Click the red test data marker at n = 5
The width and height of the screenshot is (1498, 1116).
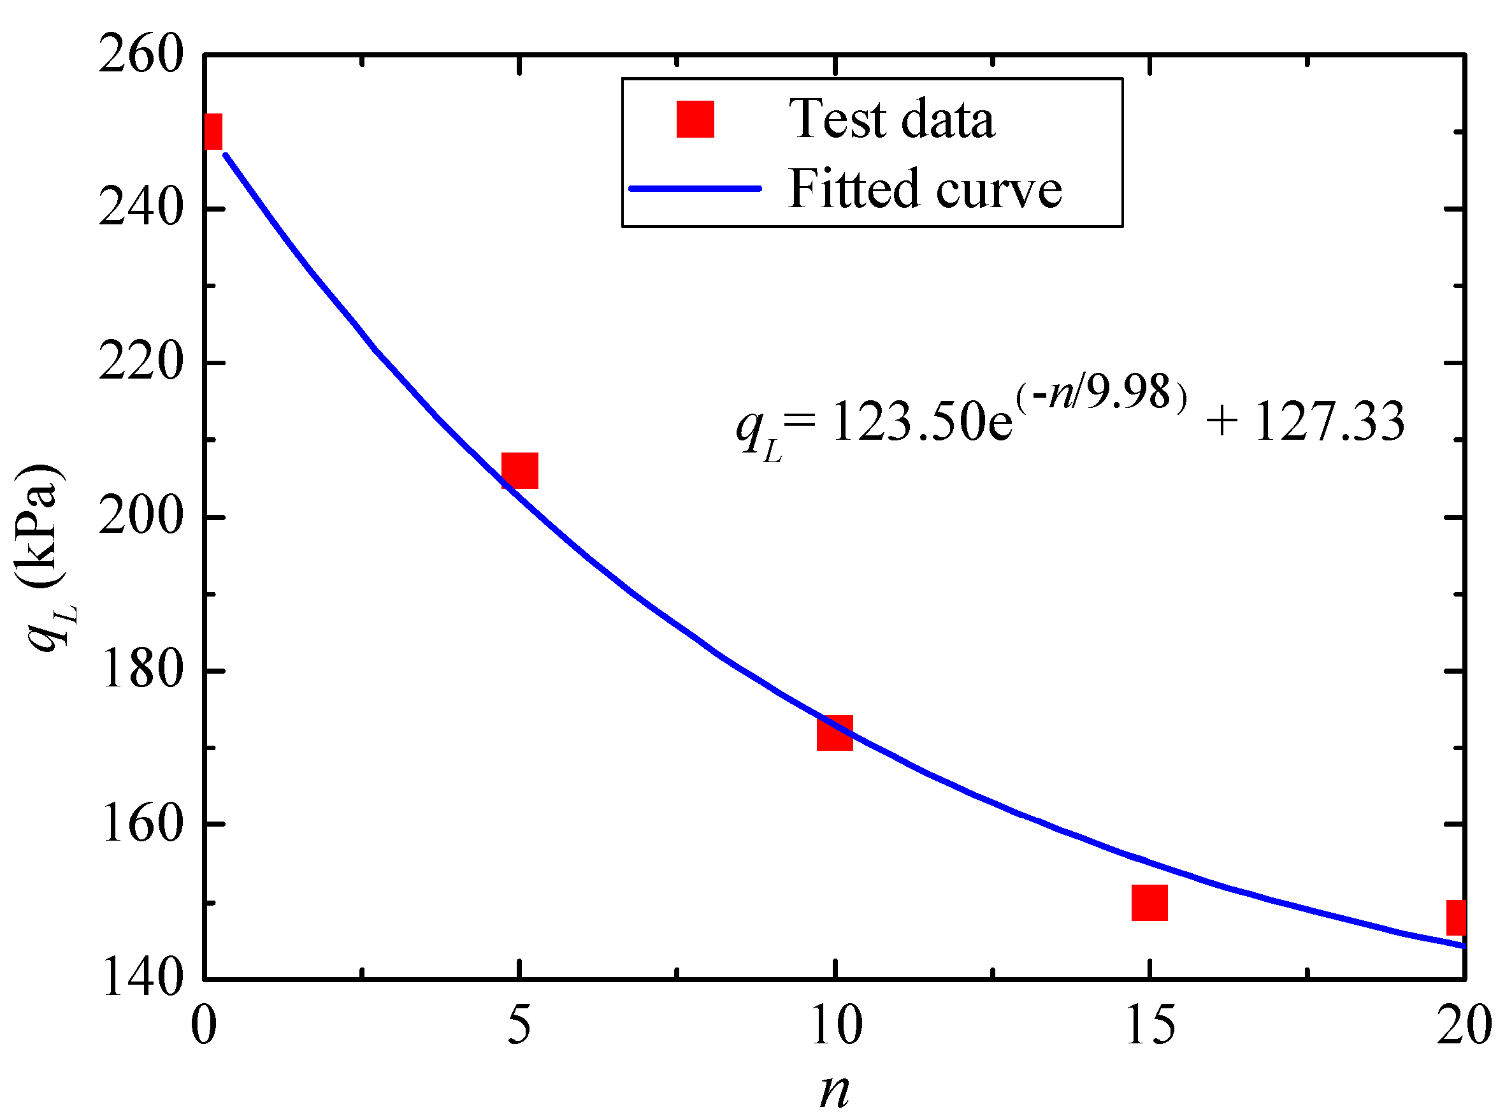pyautogui.click(x=519, y=470)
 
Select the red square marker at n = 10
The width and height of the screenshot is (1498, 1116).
pyautogui.click(x=834, y=733)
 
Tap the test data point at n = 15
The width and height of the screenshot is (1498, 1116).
pyautogui.click(x=1149, y=902)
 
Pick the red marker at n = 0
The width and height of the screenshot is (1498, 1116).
pyautogui.click(x=212, y=131)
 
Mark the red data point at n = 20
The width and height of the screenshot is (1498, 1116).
pyautogui.click(x=1455, y=917)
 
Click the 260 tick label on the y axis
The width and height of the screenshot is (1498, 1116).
pyautogui.click(x=140, y=54)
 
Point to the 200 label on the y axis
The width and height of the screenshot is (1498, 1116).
pyautogui.click(x=140, y=518)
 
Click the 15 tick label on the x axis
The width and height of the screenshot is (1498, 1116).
pyautogui.click(x=1149, y=1024)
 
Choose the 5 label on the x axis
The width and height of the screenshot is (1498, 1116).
pyautogui.click(x=519, y=1024)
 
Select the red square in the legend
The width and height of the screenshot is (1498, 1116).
pyautogui.click(x=695, y=120)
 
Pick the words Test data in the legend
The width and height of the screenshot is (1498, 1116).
pyautogui.click(x=891, y=119)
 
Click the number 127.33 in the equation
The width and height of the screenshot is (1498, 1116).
pyautogui.click(x=1329, y=421)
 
